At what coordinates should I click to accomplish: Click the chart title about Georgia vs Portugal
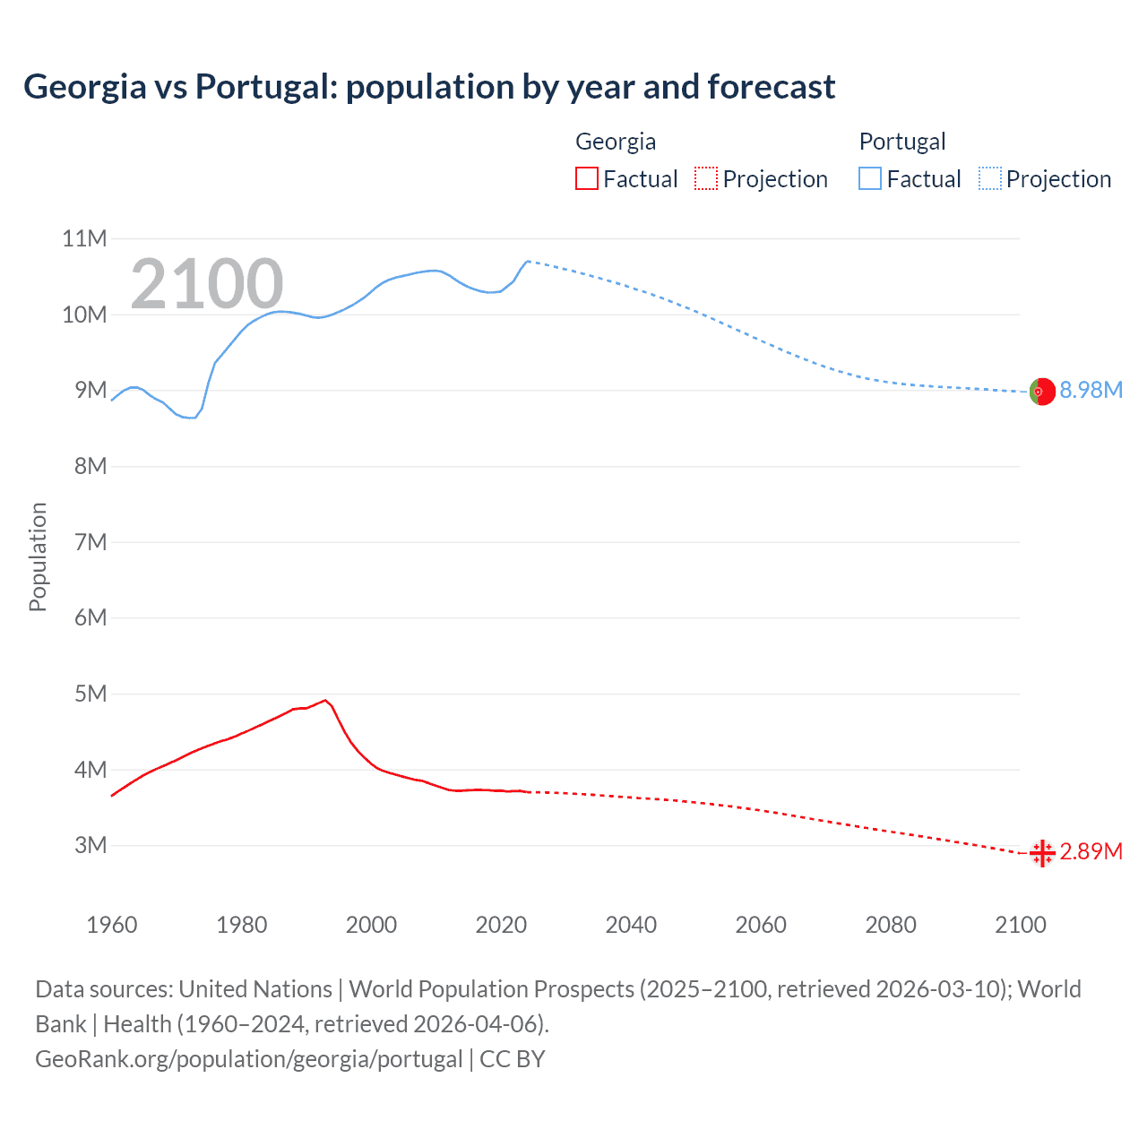point(429,87)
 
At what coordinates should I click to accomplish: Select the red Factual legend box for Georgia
point(586,179)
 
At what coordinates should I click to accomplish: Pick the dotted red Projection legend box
point(706,179)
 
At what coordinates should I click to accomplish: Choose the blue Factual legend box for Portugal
point(869,179)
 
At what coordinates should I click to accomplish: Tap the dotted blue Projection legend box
point(989,179)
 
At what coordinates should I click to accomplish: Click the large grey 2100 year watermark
point(207,284)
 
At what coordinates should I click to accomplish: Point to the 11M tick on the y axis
point(84,238)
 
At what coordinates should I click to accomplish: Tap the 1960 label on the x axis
point(112,925)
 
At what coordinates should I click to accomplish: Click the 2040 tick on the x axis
point(631,925)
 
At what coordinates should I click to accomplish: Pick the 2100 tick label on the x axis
point(1020,925)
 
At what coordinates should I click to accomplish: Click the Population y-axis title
point(38,556)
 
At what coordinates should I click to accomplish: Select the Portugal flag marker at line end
point(1042,392)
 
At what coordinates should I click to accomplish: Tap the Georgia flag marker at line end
point(1042,853)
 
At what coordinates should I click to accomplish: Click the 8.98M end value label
point(1091,391)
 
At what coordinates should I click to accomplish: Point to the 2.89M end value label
point(1091,851)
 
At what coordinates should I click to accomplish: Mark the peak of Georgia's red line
point(324,701)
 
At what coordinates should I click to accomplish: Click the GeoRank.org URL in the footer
point(248,1059)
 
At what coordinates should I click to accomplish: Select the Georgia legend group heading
point(615,142)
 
